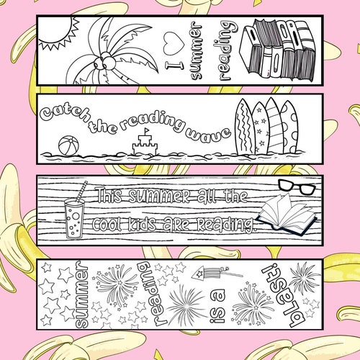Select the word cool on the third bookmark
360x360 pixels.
click(113, 224)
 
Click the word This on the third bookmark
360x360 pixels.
click(113, 195)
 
